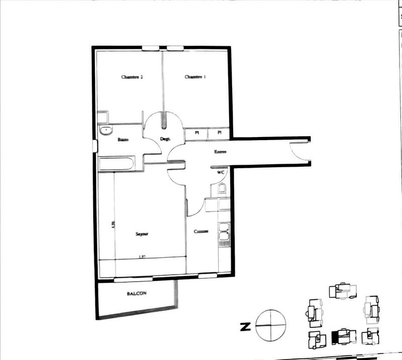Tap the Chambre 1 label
pyautogui.click(x=195, y=77)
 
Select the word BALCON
pyautogui.click(x=136, y=294)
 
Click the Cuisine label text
pyautogui.click(x=202, y=231)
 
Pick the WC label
pyautogui.click(x=220, y=172)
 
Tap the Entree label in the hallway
pyautogui.click(x=221, y=151)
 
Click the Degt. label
pyautogui.click(x=165, y=139)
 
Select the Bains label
pyautogui.click(x=123, y=140)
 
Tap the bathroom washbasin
pyautogui.click(x=107, y=131)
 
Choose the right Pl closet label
pyautogui.click(x=220, y=134)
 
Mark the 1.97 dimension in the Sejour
pyautogui.click(x=143, y=257)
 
